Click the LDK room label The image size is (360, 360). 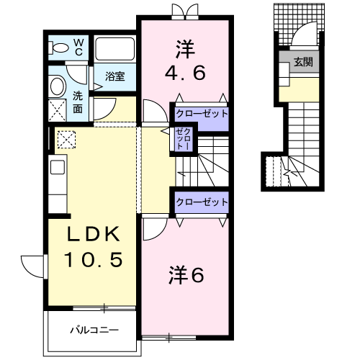(x=91, y=235)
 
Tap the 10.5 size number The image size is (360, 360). (x=91, y=259)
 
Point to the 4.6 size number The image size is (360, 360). (x=184, y=73)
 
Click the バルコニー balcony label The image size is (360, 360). (x=94, y=330)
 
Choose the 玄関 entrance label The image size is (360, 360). (x=302, y=63)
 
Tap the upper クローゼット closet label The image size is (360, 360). (x=202, y=114)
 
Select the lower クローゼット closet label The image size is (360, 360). (x=202, y=202)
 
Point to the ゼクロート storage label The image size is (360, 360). (x=181, y=139)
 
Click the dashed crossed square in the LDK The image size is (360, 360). (x=67, y=138)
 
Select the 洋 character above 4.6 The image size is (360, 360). (x=184, y=50)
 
